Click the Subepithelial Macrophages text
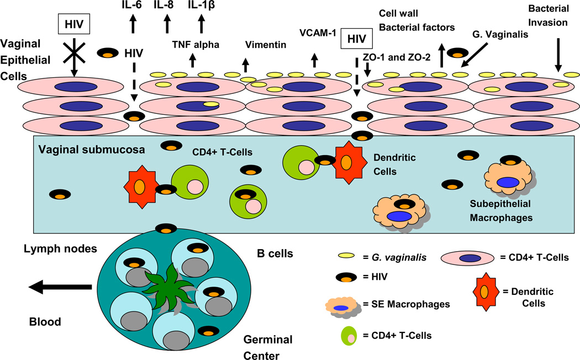tap(500, 211)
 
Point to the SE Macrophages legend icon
tap(345, 306)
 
